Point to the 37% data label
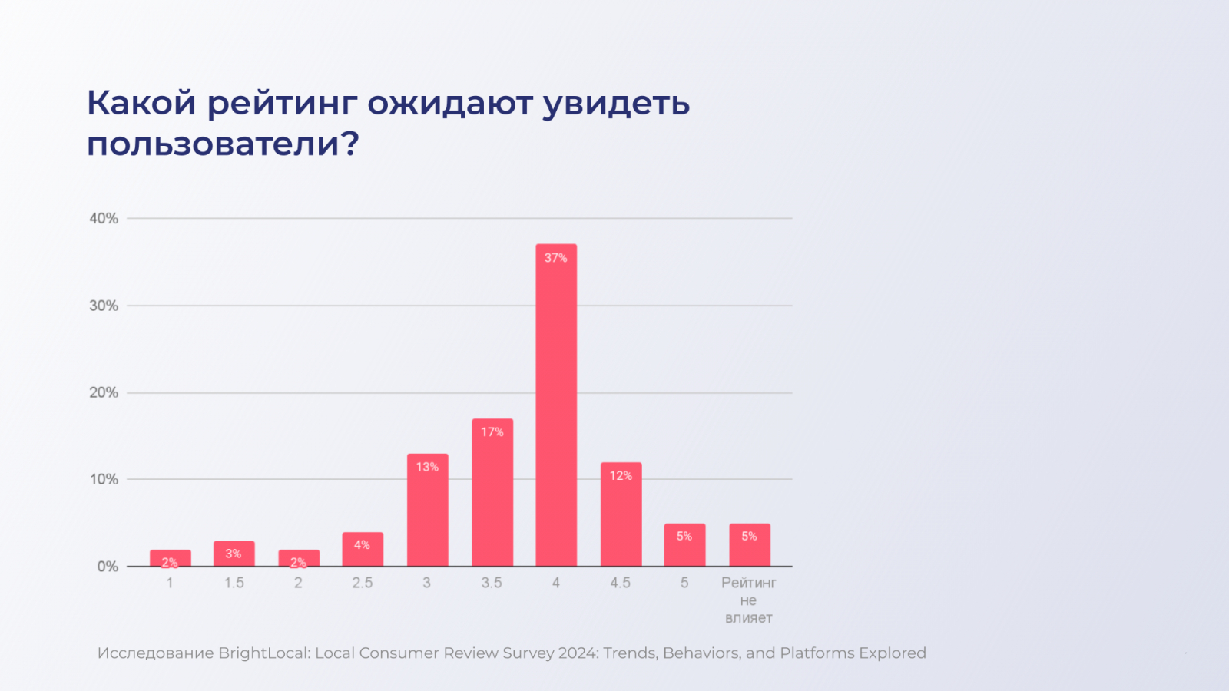pyautogui.click(x=556, y=258)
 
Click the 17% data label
pyautogui.click(x=492, y=432)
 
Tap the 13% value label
pyautogui.click(x=427, y=467)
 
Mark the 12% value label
pyautogui.click(x=621, y=476)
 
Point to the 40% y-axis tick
pyautogui.click(x=104, y=219)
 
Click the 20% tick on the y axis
pyautogui.click(x=104, y=393)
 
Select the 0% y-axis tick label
pyautogui.click(x=108, y=567)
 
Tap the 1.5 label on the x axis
pyautogui.click(x=234, y=584)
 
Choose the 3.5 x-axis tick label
pyautogui.click(x=492, y=584)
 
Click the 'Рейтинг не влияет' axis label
pyautogui.click(x=749, y=600)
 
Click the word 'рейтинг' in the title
pyautogui.click(x=281, y=104)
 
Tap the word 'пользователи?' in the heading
pyautogui.click(x=223, y=144)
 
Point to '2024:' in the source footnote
pyautogui.click(x=578, y=653)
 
